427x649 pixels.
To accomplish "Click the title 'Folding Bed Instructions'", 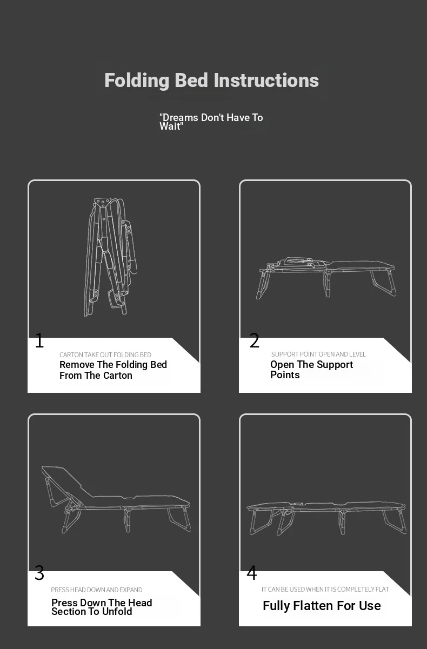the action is (212, 81).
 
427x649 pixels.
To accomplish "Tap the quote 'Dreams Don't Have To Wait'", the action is (211, 122).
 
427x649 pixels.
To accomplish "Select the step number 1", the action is (39, 340).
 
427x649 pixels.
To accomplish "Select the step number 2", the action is (254, 340).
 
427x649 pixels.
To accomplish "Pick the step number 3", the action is (39, 573).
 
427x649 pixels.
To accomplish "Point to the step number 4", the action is (252, 573).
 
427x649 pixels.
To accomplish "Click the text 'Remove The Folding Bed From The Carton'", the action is (113, 370).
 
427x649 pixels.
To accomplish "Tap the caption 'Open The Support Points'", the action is (312, 370).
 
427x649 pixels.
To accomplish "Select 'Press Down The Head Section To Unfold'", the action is (102, 607).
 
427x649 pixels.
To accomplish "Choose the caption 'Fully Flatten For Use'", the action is (322, 606).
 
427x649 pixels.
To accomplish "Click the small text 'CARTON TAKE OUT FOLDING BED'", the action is (105, 354).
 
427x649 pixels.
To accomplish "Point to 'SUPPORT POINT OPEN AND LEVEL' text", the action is (318, 354).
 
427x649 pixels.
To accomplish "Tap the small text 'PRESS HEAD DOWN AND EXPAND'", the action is (97, 590).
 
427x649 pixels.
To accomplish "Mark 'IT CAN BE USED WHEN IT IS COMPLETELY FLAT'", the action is (325, 590).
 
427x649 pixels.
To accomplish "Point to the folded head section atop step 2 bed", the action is (299, 262).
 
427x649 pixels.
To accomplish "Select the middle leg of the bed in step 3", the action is (127, 519).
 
